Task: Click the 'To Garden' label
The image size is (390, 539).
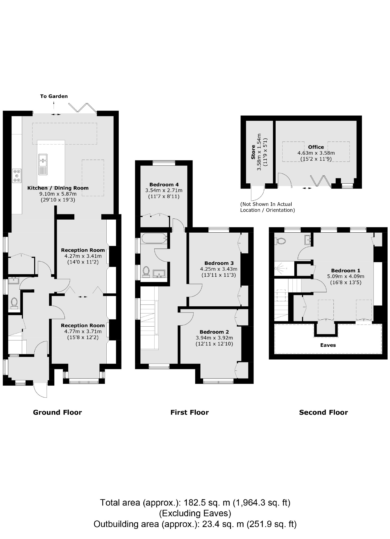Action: click(54, 96)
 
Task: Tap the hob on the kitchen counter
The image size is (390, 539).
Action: click(17, 176)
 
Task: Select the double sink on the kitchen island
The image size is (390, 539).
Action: click(43, 164)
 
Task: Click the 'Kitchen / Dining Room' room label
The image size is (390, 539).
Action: click(58, 188)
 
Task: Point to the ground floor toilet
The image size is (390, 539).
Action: click(14, 303)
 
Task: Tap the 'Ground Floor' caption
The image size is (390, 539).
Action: click(57, 412)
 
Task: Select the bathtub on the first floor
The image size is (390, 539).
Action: click(154, 238)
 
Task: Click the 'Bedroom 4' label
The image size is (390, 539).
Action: click(164, 184)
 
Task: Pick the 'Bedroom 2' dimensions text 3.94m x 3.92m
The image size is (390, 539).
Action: click(214, 338)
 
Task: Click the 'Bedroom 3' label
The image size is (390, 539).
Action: click(219, 263)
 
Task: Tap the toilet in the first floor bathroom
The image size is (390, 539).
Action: click(146, 271)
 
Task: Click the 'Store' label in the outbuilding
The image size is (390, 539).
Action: click(253, 154)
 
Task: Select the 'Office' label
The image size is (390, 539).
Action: click(316, 147)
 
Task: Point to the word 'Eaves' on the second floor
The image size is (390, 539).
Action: click(328, 345)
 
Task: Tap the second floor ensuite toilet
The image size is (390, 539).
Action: click(281, 241)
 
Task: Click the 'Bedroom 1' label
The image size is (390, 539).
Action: click(345, 270)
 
